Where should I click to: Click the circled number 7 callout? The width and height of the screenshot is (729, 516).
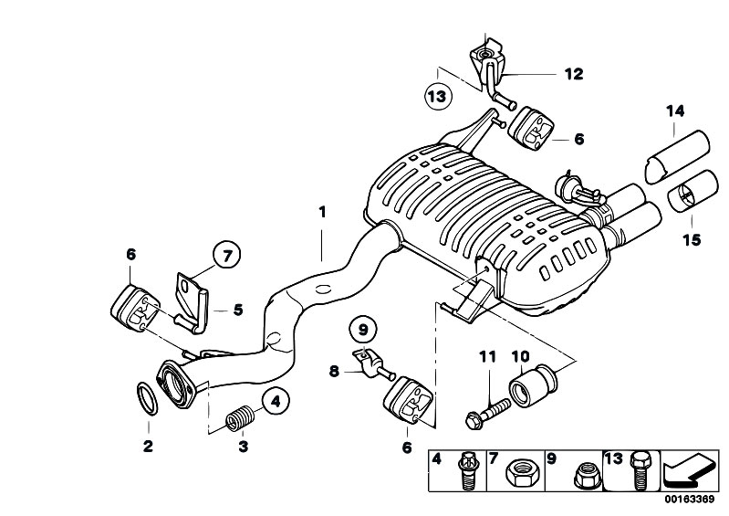[x=226, y=254]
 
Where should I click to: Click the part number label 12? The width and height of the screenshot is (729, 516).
[x=573, y=74]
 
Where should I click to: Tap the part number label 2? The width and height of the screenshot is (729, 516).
[x=148, y=447]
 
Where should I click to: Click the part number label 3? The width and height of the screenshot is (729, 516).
[x=243, y=447]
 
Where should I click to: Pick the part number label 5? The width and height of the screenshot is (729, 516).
[x=238, y=310]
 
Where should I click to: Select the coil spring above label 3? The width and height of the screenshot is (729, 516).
[x=238, y=420]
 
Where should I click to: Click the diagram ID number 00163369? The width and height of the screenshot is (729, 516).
[x=691, y=501]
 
